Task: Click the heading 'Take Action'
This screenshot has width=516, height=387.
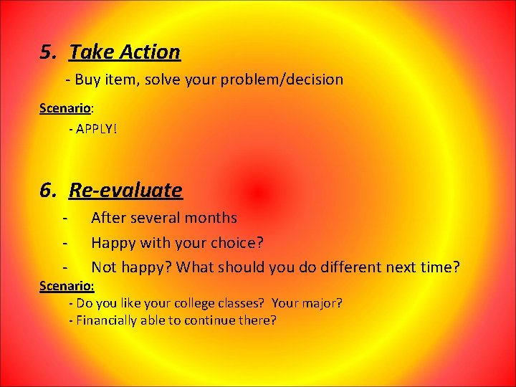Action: pos(125,52)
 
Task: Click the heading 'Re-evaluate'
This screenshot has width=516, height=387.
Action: pos(125,190)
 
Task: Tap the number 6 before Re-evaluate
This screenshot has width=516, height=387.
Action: pos(48,190)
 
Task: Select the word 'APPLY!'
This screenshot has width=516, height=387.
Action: pos(97,130)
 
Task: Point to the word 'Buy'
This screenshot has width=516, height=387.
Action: pos(88,80)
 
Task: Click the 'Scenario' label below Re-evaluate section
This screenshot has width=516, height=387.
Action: pos(65,286)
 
